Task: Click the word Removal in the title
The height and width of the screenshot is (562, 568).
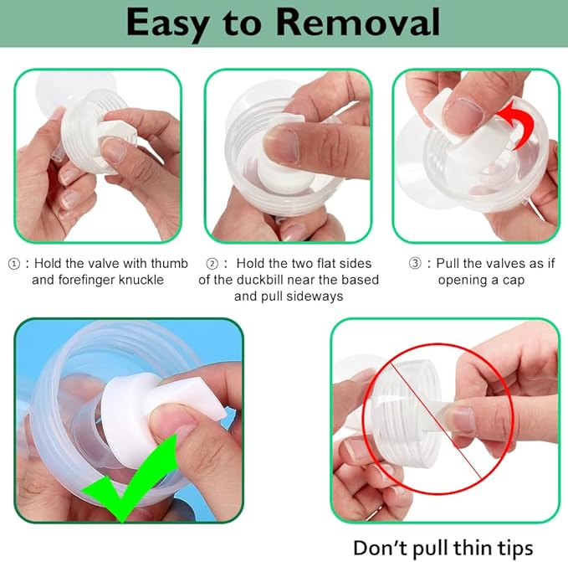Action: point(356,23)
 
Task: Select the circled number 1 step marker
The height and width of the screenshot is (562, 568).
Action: point(13,263)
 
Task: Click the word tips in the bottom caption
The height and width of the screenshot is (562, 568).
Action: point(511,547)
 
